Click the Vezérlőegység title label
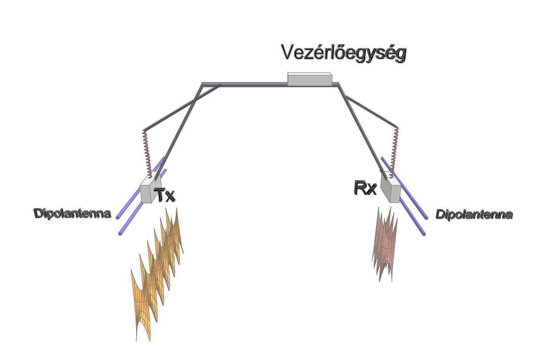(344, 53)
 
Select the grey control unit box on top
(309, 80)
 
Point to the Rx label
(365, 189)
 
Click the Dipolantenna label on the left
(72, 214)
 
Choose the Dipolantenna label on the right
(474, 215)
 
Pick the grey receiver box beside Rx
(390, 188)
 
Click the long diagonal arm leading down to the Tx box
(179, 131)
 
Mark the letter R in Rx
(360, 189)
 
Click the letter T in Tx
(160, 195)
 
